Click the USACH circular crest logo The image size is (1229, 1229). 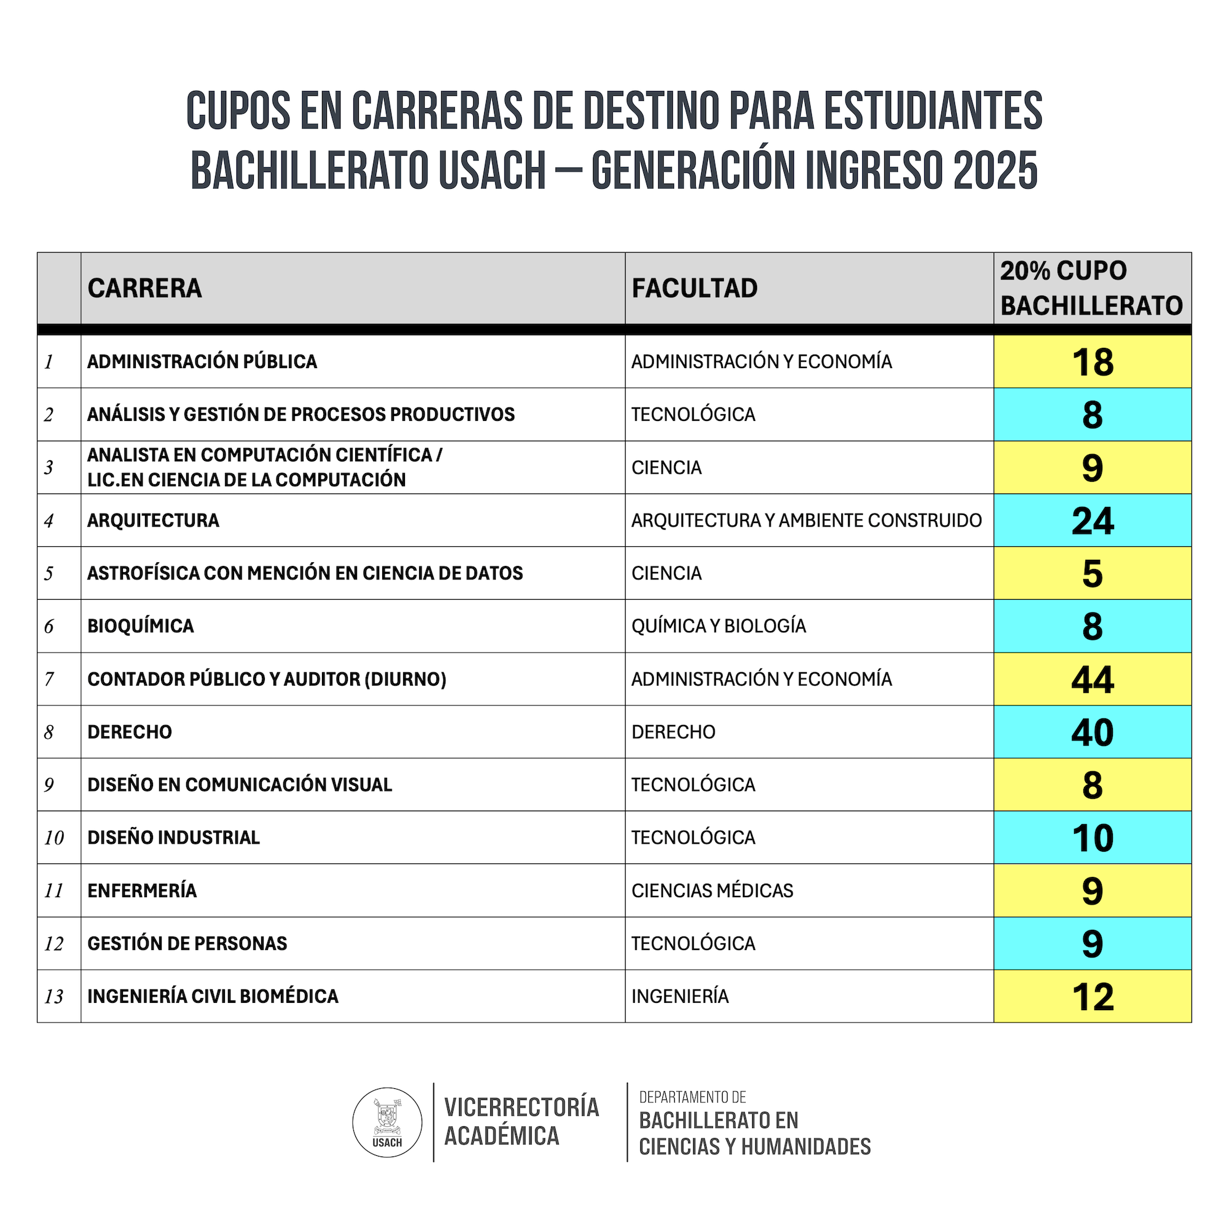click(387, 1122)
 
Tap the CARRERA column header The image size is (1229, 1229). click(145, 288)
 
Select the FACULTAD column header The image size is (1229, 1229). click(694, 288)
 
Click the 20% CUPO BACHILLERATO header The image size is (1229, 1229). click(1091, 288)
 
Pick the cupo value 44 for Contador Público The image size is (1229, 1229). click(1092, 680)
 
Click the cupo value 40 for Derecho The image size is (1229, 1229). click(1092, 732)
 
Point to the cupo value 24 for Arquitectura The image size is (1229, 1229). click(1092, 521)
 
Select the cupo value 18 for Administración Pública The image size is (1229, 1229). click(1092, 362)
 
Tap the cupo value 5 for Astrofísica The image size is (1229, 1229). click(1092, 574)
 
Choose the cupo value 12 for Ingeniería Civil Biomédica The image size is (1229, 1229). click(1092, 997)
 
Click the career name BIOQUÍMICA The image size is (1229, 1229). click(141, 626)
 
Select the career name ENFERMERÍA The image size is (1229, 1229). click(142, 890)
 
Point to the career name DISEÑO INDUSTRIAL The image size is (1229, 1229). click(174, 838)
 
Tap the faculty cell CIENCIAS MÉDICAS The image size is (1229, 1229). click(712, 890)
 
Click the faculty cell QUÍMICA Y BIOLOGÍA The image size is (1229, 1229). click(718, 626)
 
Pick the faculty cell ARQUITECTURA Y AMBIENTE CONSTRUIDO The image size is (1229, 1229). click(806, 520)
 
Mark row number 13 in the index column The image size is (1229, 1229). click(54, 997)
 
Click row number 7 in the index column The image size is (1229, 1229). click(49, 680)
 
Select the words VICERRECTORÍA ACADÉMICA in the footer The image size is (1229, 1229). click(521, 1122)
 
